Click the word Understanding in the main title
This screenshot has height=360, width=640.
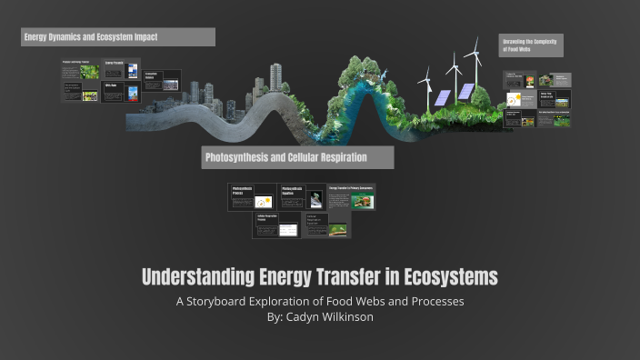tap(190, 276)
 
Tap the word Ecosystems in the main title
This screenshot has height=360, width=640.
tap(450, 276)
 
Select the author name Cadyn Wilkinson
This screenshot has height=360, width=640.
tap(332, 317)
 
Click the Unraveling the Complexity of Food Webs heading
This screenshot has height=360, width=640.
tap(531, 45)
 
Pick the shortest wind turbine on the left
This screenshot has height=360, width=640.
tap(425, 86)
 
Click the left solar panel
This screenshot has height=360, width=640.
tap(442, 97)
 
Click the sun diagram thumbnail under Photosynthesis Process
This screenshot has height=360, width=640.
tap(263, 202)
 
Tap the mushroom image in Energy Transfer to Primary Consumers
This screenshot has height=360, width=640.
tap(363, 202)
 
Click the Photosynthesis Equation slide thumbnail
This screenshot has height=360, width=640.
tap(302, 197)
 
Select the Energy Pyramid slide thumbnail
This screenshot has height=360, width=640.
tap(121, 70)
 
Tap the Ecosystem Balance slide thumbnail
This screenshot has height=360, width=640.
tap(162, 81)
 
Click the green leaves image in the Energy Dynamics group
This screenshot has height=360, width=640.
tap(89, 72)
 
